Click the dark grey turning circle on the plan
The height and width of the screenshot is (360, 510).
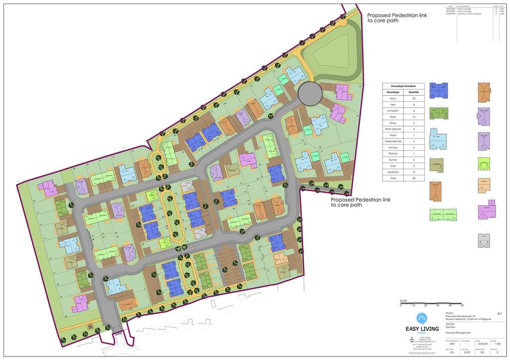click(310, 93)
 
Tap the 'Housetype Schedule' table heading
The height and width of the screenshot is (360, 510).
click(403, 86)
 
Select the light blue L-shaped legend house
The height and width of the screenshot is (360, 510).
click(438, 139)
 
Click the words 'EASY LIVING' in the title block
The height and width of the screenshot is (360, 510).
click(422, 328)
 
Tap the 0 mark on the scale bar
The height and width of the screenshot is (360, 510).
click(400, 305)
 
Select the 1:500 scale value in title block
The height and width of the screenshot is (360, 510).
click(497, 344)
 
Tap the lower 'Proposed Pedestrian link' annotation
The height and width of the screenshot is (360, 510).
click(361, 202)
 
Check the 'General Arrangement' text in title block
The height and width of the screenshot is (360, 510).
click(458, 333)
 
